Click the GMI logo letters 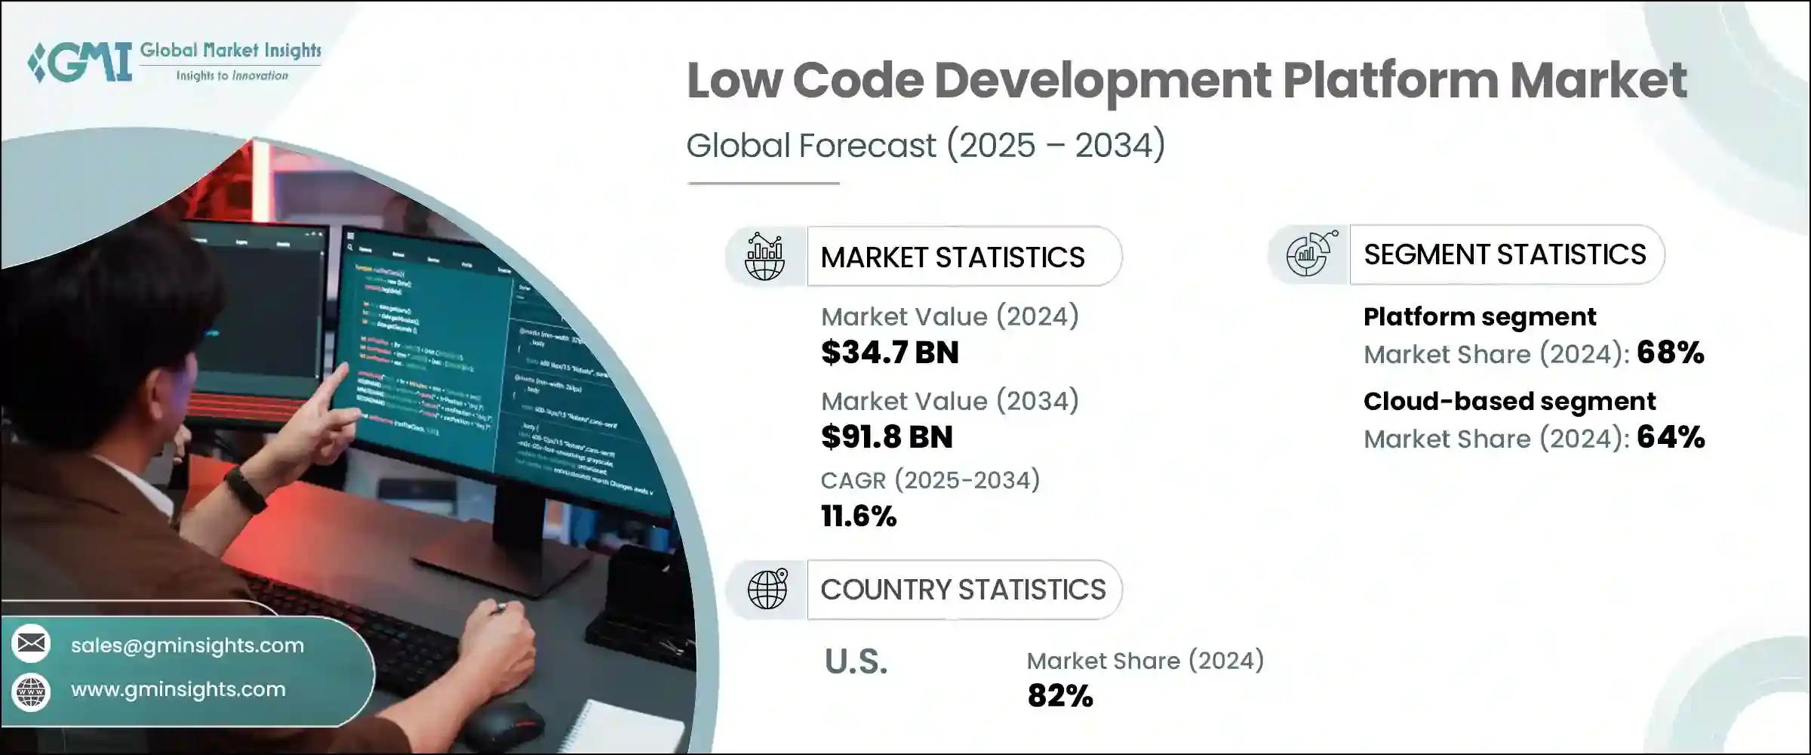[x=79, y=62]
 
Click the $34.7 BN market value [x=890, y=353]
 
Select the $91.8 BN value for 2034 [x=887, y=437]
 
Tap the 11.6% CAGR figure [x=859, y=516]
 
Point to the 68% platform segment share [x=1670, y=353]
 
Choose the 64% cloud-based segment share [x=1671, y=437]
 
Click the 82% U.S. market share [x=1059, y=696]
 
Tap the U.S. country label [x=856, y=662]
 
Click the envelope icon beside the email [x=32, y=643]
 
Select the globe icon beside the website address [x=32, y=690]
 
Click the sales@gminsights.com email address [x=187, y=646]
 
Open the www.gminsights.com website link [x=178, y=689]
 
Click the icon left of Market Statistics [x=765, y=257]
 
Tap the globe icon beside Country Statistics [x=767, y=589]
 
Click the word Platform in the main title [x=1390, y=81]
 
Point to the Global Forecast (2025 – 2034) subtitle [x=925, y=145]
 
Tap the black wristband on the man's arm [x=245, y=489]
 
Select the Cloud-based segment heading [x=1509, y=401]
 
